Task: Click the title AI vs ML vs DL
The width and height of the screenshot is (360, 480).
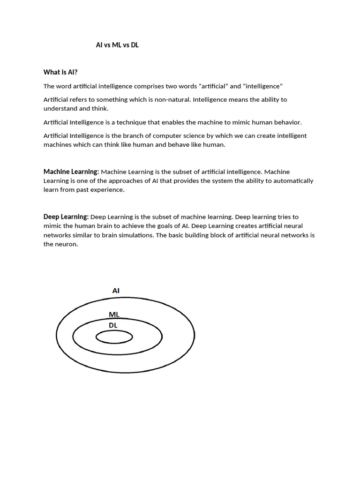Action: click(x=117, y=45)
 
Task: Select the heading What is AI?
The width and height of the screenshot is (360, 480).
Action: click(x=60, y=72)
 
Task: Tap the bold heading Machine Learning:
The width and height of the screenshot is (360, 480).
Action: click(x=71, y=172)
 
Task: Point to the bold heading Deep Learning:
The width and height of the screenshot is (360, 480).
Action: click(x=66, y=217)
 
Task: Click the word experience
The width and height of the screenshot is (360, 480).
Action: click(x=110, y=189)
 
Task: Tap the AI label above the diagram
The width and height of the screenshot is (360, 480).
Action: click(x=116, y=291)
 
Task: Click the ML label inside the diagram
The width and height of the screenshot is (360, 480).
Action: click(x=114, y=315)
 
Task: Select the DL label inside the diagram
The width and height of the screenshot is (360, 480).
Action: click(x=114, y=325)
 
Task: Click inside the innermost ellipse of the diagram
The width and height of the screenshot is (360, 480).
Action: click(x=114, y=337)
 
